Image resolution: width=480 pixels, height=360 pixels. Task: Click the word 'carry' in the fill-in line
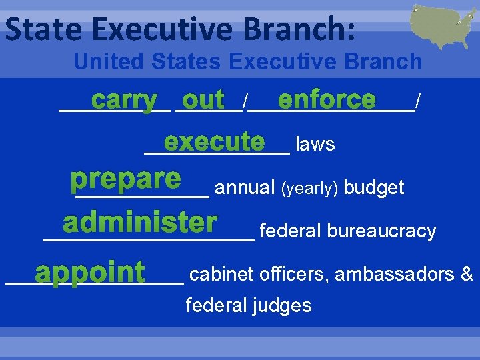[125, 101]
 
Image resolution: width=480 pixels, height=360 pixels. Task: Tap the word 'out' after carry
[203, 101]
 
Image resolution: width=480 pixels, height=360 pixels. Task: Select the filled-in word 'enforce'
[327, 101]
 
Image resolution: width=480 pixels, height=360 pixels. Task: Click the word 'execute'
[214, 142]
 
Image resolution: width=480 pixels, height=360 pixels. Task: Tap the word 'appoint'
[90, 272]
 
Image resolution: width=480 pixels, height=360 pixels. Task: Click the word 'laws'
[315, 145]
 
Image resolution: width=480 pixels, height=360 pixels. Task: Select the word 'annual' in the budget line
[245, 188]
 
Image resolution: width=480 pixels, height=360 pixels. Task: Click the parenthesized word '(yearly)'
[311, 188]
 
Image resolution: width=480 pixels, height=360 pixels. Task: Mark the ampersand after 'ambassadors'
[467, 274]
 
